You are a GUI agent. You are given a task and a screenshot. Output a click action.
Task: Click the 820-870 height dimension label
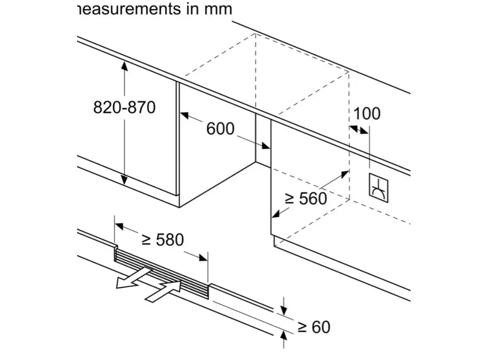coord(124,107)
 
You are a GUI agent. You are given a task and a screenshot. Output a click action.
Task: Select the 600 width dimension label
coord(220,128)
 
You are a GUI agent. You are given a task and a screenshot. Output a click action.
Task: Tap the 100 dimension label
coord(367,114)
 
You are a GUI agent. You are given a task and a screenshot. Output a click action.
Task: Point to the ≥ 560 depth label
coord(306,199)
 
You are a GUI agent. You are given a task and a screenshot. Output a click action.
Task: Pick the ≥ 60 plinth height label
coord(313,327)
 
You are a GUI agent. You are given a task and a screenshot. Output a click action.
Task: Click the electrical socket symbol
coord(378,188)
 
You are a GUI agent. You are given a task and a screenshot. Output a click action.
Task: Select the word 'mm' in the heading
coord(218,9)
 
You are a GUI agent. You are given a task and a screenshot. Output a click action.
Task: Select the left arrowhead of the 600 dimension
coord(184,115)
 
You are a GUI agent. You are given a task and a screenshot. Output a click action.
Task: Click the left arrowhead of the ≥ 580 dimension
coord(119,226)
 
